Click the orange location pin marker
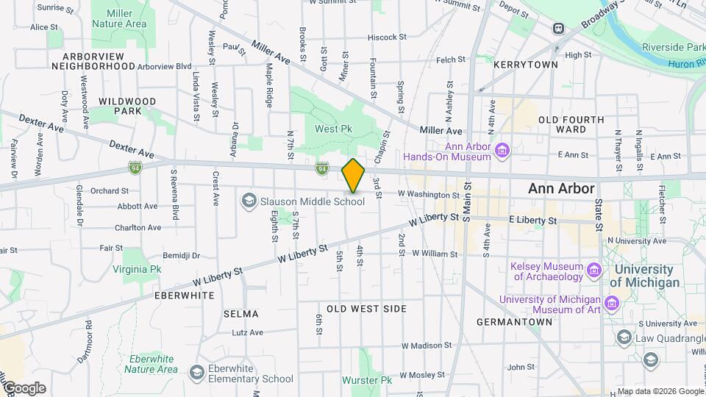click(x=353, y=176)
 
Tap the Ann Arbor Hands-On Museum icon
click(x=503, y=151)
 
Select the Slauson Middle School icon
click(x=249, y=201)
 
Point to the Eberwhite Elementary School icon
click(x=196, y=373)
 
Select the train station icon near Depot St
click(x=559, y=29)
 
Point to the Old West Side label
click(x=366, y=309)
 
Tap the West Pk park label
click(x=337, y=129)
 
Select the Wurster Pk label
click(x=367, y=380)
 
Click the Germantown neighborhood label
click(x=513, y=322)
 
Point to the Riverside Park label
click(x=673, y=47)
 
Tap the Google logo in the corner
click(x=24, y=388)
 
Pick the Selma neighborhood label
click(x=241, y=314)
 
